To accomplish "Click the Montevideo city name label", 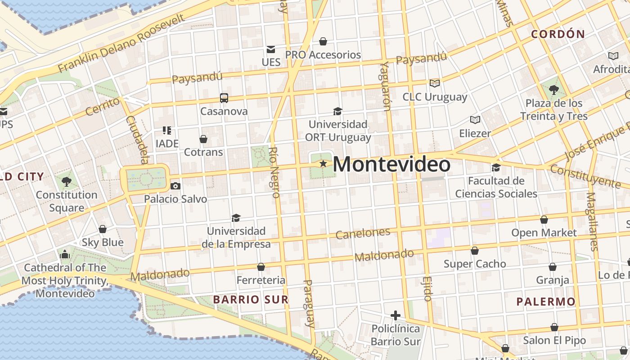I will (391, 164).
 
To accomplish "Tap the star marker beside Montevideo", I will (323, 163).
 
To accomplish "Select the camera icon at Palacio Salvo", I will (175, 186).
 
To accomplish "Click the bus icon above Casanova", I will (224, 98).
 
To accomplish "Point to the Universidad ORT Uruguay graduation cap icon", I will (337, 111).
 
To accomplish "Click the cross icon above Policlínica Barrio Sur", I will (396, 315).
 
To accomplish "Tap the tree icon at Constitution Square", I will (67, 182).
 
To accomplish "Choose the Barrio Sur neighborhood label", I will (251, 299).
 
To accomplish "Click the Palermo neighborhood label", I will (546, 301).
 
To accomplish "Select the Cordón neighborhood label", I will (558, 34).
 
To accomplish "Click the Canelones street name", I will (363, 233).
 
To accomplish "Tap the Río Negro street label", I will (275, 172).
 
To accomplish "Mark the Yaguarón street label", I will (385, 85).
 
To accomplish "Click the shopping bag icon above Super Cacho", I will (475, 251).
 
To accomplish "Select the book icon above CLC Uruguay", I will (434, 83).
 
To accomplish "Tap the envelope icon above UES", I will (271, 49).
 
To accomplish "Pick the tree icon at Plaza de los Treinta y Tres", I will (554, 90).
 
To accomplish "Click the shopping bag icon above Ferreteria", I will (261, 267).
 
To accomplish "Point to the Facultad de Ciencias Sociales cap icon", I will (496, 167).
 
